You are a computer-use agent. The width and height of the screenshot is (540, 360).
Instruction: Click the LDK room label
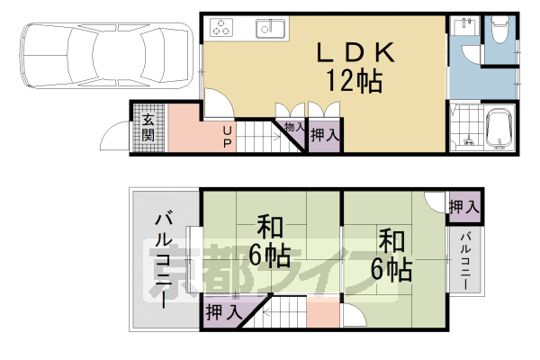(x=355, y=53)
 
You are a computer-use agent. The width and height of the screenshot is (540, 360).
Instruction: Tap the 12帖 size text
(x=355, y=81)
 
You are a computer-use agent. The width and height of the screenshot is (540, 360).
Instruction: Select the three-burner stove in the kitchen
(x=221, y=27)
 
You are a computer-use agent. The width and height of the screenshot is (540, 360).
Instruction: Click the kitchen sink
(x=270, y=28)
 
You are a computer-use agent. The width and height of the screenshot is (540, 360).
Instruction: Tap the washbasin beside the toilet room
(x=465, y=27)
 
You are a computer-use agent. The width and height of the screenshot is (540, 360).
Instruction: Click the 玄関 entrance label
(x=148, y=128)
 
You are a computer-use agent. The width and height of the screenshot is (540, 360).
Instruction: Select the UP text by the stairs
(x=227, y=137)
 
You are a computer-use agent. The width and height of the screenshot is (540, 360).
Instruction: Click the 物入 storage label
(x=295, y=127)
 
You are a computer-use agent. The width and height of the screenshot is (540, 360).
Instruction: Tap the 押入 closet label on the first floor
(x=325, y=135)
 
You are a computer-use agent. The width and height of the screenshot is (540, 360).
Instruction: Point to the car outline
(x=106, y=55)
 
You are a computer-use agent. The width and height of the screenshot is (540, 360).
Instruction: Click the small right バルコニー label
(x=465, y=261)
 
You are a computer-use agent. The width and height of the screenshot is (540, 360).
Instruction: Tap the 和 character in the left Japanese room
(x=270, y=228)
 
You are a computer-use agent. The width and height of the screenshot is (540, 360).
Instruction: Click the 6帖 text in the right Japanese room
(x=391, y=270)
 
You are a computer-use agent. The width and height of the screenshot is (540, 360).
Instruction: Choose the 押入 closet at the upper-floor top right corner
(x=463, y=207)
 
